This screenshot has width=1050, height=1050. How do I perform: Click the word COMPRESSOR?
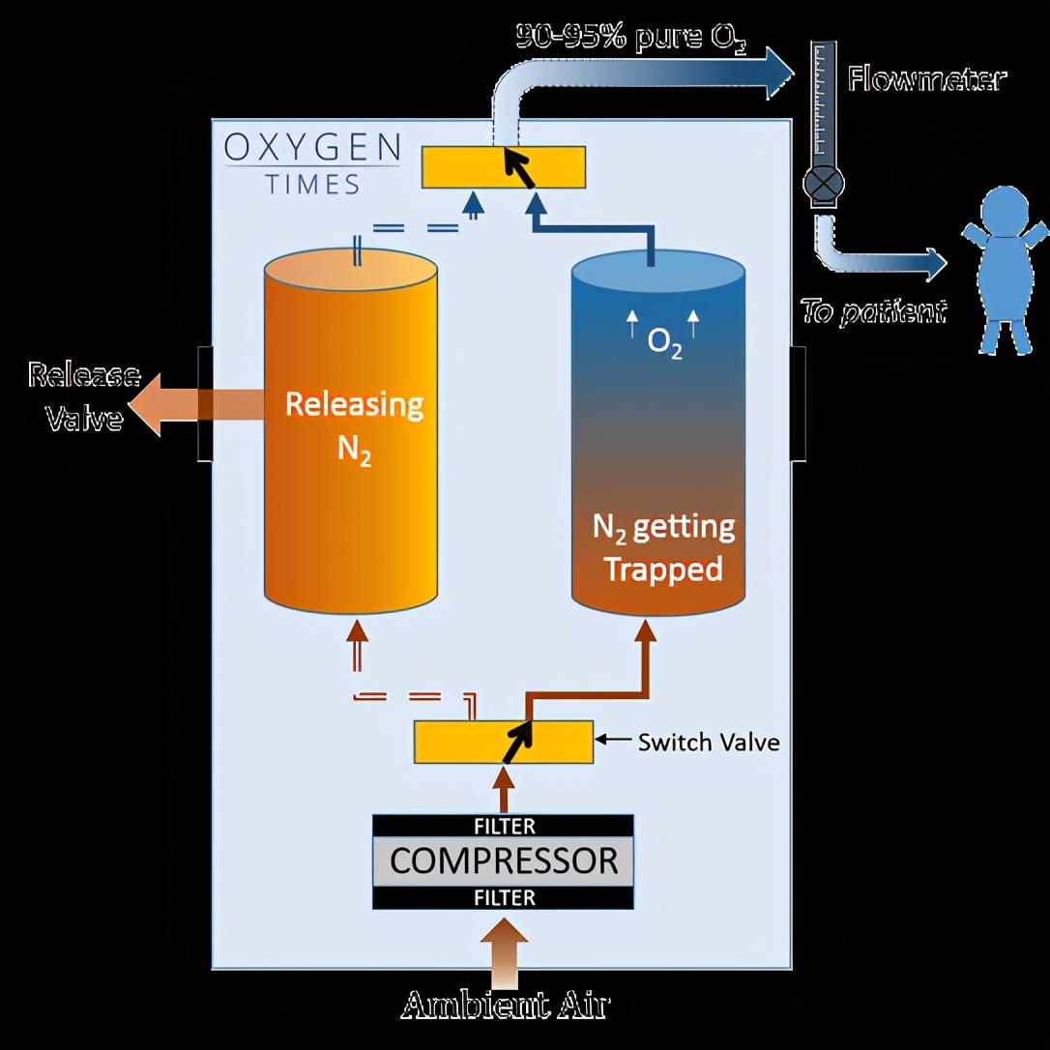[x=504, y=860]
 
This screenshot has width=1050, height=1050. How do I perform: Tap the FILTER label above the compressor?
[x=504, y=827]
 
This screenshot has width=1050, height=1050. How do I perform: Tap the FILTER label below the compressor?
[x=504, y=898]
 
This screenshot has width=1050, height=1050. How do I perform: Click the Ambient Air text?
[x=505, y=1005]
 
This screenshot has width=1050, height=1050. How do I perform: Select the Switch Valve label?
[x=708, y=742]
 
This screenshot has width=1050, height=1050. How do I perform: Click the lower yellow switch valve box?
[x=503, y=743]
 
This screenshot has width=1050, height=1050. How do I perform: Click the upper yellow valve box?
[x=503, y=166]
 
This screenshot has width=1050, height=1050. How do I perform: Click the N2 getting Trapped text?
[x=663, y=548]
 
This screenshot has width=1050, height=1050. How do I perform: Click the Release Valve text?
[x=83, y=396]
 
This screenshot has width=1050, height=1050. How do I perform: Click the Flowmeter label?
[x=926, y=78]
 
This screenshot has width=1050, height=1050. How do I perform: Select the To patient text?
[x=872, y=311]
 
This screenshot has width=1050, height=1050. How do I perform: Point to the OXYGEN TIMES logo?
[x=312, y=162]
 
